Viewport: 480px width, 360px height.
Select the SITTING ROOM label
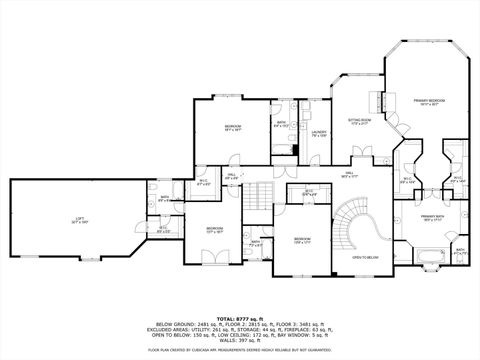pos(360,122)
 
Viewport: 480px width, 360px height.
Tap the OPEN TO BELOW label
pos(365,258)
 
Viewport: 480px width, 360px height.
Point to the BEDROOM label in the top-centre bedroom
pos(234,127)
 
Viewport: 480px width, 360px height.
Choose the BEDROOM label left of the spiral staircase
pos(303,240)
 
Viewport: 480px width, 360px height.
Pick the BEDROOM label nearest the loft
pos(215,229)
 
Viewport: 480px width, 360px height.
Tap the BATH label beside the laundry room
pos(281,125)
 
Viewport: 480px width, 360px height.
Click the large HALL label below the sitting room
pos(349,174)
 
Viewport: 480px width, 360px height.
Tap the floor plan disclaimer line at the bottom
pos(240,350)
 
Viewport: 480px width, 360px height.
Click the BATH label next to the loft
pos(165,198)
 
